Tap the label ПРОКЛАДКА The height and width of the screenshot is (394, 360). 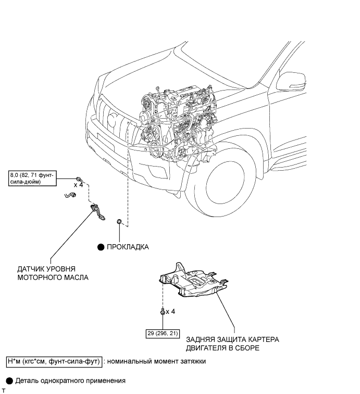(128, 247)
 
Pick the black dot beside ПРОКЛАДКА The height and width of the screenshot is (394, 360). (101, 247)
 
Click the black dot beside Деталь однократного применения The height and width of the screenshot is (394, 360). (9, 381)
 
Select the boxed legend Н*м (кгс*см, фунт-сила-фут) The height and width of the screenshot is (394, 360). (54, 361)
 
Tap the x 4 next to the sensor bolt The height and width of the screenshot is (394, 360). (78, 185)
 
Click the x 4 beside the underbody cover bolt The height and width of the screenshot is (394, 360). (170, 312)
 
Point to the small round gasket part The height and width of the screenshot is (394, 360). (119, 221)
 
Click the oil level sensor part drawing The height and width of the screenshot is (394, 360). (97, 212)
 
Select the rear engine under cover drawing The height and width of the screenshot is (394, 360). (194, 279)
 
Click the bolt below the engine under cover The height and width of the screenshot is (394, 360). (163, 312)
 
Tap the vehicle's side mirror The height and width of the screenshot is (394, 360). (291, 82)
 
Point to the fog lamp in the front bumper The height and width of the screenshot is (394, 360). (157, 172)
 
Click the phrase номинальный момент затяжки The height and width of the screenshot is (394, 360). (156, 361)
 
